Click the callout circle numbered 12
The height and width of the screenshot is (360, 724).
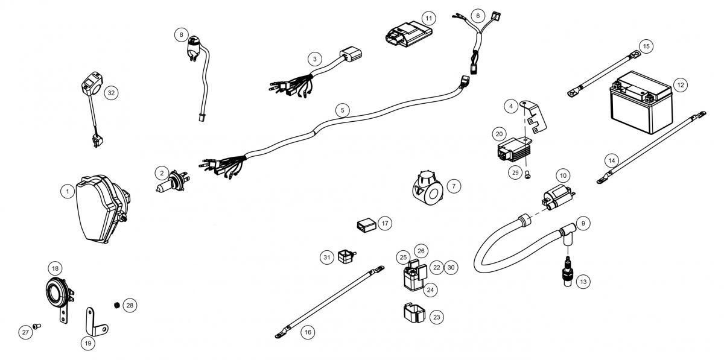point(681,85)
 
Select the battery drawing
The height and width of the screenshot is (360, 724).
point(641,103)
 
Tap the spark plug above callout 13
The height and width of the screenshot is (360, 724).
point(568,271)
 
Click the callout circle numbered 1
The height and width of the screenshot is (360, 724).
point(68,191)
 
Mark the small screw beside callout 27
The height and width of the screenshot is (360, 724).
point(37,326)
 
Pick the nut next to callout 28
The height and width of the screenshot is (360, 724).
point(118,305)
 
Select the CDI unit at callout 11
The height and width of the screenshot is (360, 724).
point(408,34)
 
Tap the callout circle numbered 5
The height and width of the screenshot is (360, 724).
point(342,110)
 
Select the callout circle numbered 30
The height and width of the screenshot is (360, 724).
point(451,267)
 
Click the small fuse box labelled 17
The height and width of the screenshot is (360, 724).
point(367,226)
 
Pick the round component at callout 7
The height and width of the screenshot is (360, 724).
point(427,188)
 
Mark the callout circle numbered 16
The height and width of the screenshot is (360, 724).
point(308,332)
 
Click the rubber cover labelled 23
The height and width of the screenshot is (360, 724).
point(414,313)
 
